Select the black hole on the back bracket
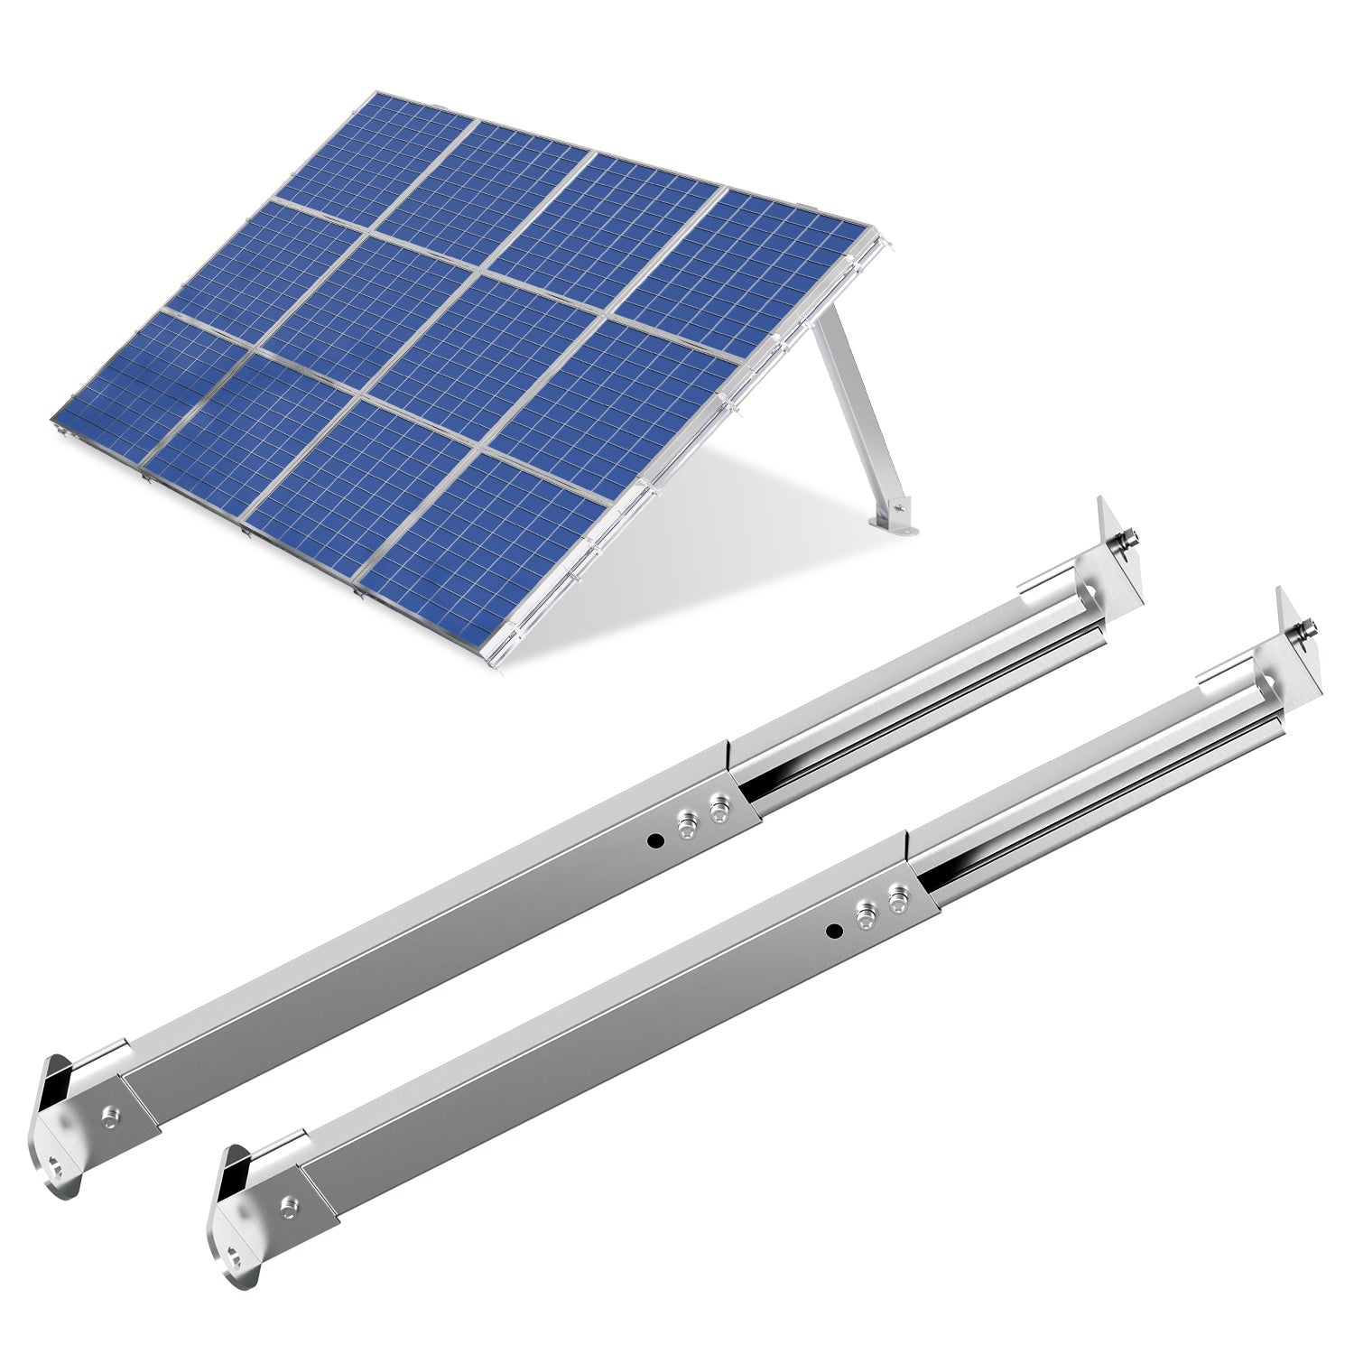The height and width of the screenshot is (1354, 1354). point(657,840)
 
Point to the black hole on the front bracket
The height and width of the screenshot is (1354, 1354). point(834,930)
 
